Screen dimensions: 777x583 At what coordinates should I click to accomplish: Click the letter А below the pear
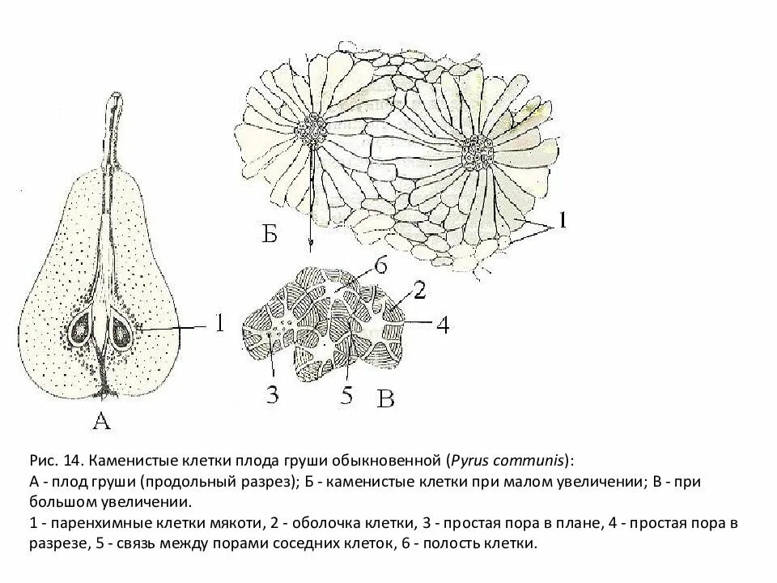[101, 419]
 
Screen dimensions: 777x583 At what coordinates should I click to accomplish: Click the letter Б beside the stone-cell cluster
[270, 236]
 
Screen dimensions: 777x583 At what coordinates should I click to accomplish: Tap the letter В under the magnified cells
[387, 399]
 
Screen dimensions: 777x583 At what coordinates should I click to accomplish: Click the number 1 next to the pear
[218, 323]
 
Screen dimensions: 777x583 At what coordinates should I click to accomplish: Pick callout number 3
[272, 394]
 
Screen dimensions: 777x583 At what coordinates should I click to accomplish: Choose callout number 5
[347, 397]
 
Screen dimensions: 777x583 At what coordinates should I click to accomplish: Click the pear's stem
[114, 130]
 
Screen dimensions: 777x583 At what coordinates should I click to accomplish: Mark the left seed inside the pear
[82, 330]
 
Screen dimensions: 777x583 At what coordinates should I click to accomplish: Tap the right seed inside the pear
[121, 331]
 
